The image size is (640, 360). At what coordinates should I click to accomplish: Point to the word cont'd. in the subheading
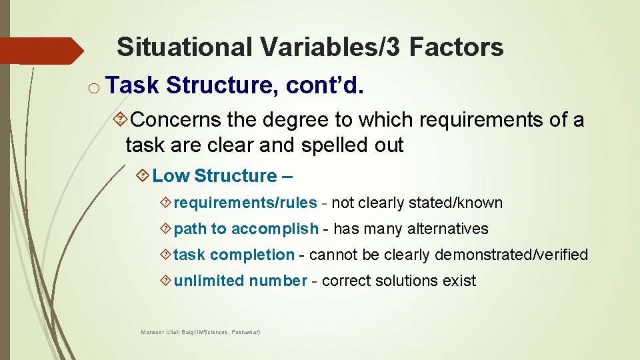tap(325, 86)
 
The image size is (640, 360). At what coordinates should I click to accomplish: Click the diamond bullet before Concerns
tap(121, 120)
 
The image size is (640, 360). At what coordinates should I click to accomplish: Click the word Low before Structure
tap(171, 176)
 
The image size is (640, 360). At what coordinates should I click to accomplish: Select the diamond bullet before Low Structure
tap(143, 176)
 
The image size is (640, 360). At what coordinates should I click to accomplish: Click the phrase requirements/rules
tap(245, 203)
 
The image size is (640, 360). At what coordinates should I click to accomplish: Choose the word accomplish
tap(275, 229)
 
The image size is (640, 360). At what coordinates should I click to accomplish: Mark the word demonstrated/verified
tap(511, 255)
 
